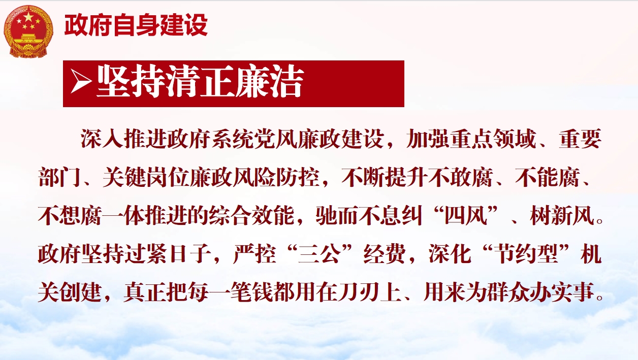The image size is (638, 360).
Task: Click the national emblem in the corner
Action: click(x=28, y=31)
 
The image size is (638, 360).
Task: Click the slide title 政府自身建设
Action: click(x=136, y=25)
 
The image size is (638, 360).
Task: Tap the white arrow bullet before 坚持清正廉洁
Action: click(x=81, y=82)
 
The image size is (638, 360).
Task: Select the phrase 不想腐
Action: click(x=70, y=216)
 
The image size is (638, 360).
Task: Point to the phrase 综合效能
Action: click(x=251, y=216)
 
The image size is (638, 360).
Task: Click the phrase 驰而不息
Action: click(x=369, y=216)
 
